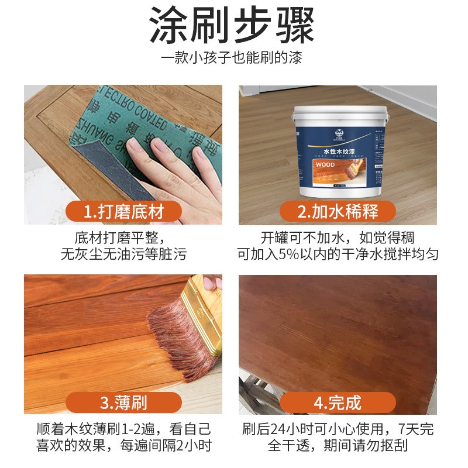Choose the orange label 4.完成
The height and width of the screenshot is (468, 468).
pyautogui.click(x=338, y=402)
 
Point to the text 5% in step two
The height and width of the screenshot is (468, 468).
pyautogui.click(x=301, y=255)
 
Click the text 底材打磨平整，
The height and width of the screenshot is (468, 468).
pyautogui.click(x=123, y=239)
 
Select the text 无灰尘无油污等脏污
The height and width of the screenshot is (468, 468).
pyautogui.click(x=123, y=255)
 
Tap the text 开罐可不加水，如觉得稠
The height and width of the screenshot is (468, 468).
pyautogui.click(x=338, y=239)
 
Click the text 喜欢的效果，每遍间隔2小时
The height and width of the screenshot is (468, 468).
pyautogui.click(x=123, y=446)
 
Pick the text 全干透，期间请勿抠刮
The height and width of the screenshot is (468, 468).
pyautogui.click(x=338, y=446)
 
